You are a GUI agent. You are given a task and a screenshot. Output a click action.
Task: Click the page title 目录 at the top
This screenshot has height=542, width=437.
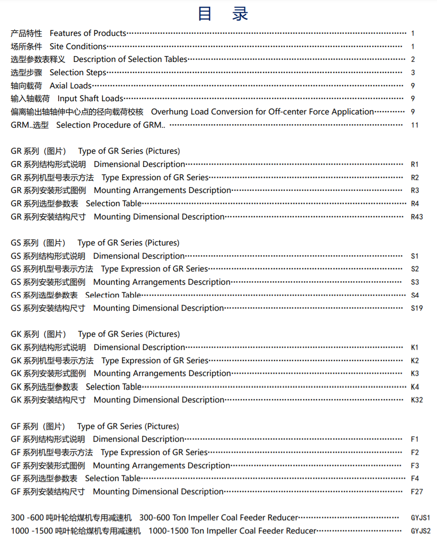pyautogui.click(x=223, y=14)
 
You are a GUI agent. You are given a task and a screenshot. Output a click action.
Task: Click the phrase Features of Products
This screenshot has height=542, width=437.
pyautogui.click(x=88, y=33)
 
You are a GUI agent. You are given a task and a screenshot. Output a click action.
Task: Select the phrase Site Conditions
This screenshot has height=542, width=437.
pyautogui.click(x=78, y=46)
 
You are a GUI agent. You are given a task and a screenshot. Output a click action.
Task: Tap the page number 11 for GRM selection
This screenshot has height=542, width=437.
pyautogui.click(x=415, y=125)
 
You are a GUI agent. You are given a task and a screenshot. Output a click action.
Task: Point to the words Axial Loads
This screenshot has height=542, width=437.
pyautogui.click(x=71, y=86)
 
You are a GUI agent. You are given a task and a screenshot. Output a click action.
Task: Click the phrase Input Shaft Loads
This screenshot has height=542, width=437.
pyautogui.click(x=90, y=99)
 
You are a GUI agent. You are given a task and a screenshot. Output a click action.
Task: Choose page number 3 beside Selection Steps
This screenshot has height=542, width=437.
pyautogui.click(x=413, y=73)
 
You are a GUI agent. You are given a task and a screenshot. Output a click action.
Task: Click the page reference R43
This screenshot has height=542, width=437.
pyautogui.click(x=417, y=217)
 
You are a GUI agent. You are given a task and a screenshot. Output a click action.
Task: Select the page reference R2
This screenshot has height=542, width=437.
pyautogui.click(x=415, y=178)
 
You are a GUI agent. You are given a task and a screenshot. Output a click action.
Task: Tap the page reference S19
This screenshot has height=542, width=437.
pyautogui.click(x=417, y=308)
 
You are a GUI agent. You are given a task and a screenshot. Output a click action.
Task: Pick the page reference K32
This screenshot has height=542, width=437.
pyautogui.click(x=417, y=400)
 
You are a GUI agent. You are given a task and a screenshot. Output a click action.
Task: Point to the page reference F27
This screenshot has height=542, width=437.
pyautogui.click(x=417, y=492)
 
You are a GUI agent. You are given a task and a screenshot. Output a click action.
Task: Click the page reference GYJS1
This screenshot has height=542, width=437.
pyautogui.click(x=420, y=518)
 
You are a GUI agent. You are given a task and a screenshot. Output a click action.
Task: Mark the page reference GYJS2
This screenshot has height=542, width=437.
pyautogui.click(x=420, y=531)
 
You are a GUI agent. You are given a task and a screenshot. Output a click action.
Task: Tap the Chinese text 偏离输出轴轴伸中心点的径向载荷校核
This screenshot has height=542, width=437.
pyautogui.click(x=77, y=112)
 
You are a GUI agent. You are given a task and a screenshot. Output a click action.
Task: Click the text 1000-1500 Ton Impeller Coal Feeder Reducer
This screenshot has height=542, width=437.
pyautogui.click(x=232, y=531)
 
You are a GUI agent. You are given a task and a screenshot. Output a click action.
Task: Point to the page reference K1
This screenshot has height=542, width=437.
pyautogui.click(x=415, y=348)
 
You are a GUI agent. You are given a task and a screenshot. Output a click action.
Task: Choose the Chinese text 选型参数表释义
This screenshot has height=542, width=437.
pyautogui.click(x=38, y=60)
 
